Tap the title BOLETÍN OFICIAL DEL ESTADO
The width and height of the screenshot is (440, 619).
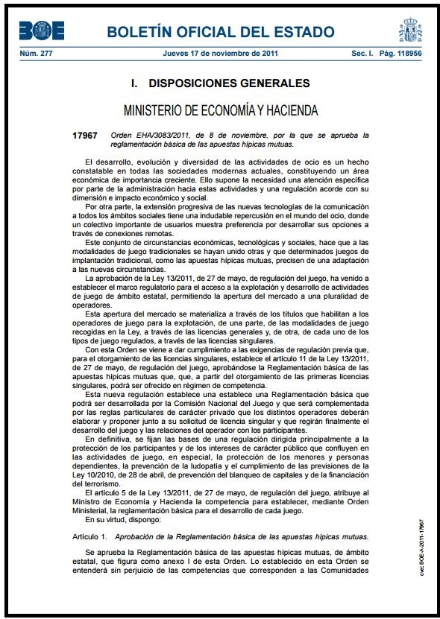click(x=220, y=32)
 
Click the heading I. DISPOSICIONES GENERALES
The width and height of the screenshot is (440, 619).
click(x=220, y=83)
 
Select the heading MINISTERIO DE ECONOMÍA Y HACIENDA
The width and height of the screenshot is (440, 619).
click(x=221, y=110)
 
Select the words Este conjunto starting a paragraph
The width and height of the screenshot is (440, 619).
click(x=112, y=243)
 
